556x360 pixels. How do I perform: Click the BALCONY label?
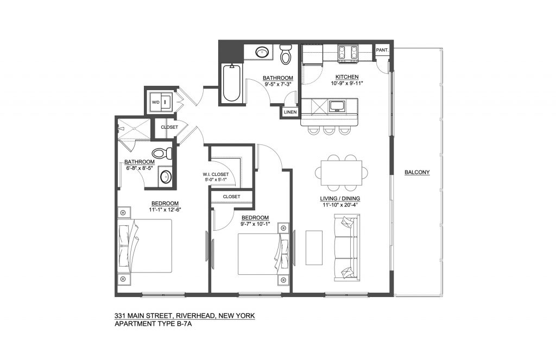(417, 172)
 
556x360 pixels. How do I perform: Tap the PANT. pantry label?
(382, 50)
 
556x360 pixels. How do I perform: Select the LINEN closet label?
(290, 112)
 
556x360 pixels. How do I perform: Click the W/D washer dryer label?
(156, 102)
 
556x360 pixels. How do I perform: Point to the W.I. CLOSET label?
(216, 174)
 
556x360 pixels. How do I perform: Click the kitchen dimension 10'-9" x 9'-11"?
(347, 83)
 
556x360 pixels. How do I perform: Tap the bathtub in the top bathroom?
(232, 84)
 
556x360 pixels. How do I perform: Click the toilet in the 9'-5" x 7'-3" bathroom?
(285, 54)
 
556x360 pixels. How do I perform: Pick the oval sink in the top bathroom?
(262, 52)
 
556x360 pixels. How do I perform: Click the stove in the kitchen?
(348, 53)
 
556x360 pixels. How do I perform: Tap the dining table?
(342, 172)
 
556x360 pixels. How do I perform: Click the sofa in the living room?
(347, 248)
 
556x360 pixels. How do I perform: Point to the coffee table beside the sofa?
(314, 248)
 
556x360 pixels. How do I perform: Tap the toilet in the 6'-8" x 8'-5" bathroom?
(162, 154)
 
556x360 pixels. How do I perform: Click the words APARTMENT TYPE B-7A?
(153, 324)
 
